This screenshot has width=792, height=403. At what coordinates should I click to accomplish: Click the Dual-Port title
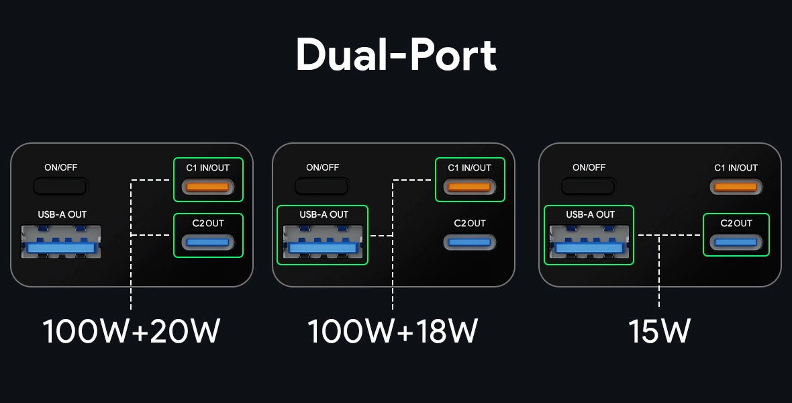(396, 54)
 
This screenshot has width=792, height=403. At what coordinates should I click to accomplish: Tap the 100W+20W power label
(132, 331)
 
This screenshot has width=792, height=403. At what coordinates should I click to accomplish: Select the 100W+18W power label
(393, 331)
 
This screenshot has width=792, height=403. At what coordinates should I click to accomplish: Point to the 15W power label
(659, 331)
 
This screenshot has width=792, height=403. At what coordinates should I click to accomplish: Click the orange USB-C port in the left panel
(208, 187)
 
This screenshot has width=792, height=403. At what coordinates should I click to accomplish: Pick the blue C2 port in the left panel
(208, 242)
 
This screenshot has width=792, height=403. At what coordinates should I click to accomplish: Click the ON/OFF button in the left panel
(60, 185)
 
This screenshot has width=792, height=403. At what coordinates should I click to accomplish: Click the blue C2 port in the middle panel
(469, 242)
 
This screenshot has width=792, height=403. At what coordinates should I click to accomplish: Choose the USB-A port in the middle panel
(323, 243)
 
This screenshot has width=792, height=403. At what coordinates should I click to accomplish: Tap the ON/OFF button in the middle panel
(322, 185)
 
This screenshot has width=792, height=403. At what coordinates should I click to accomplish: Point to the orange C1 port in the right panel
(736, 187)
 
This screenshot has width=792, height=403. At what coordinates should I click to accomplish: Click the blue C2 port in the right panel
(736, 242)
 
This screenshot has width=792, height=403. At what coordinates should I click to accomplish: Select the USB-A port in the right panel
(589, 243)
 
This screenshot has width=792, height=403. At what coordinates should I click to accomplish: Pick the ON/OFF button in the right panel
(588, 185)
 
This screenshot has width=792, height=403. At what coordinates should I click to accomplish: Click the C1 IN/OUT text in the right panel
(736, 168)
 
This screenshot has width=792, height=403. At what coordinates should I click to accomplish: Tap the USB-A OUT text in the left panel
(62, 215)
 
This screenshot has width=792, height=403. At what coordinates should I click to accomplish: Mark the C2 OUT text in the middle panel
(469, 223)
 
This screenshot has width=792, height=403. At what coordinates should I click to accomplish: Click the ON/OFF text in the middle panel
(323, 168)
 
